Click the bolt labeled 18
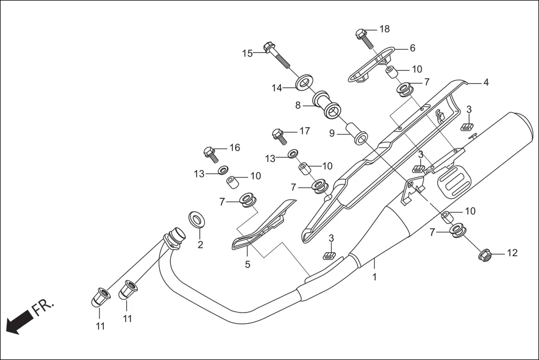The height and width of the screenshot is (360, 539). coord(364,37)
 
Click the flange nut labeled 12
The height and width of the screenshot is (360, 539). coord(485,255)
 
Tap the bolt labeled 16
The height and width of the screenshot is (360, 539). coord(211,153)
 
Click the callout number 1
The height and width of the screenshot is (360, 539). coord(374,276)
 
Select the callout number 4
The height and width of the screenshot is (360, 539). coord(486,82)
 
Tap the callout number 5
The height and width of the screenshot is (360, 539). coord(247,264)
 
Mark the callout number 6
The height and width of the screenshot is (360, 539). coord(412,49)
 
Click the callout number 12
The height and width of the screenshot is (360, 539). coord(512,253)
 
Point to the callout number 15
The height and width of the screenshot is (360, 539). coord(247,54)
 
